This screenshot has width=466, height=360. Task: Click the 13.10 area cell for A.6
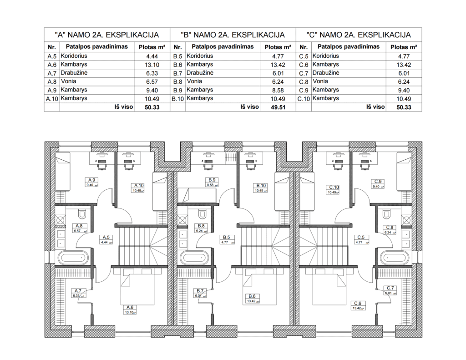[x=152, y=65]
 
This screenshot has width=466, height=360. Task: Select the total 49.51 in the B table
[x=278, y=107]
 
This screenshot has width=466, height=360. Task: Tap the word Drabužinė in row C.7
[x=326, y=73]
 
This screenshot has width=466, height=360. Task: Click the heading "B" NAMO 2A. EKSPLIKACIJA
[x=233, y=35]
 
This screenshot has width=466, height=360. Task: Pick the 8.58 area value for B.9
[x=278, y=91]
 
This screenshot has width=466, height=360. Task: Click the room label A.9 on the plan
[x=91, y=180]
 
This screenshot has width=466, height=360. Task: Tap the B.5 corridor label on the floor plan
[x=227, y=237]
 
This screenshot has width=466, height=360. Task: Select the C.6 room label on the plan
[x=358, y=303]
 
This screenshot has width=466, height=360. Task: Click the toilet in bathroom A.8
[x=82, y=213]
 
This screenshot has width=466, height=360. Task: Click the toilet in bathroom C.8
[x=386, y=213]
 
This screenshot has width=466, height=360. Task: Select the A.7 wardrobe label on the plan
[x=78, y=290]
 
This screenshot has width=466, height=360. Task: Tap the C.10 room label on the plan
[x=334, y=188]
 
